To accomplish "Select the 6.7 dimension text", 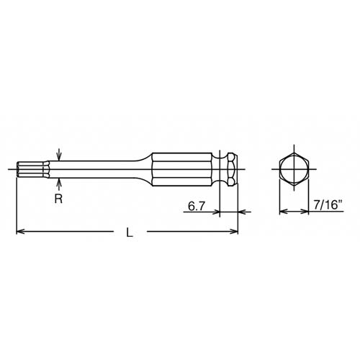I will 197,207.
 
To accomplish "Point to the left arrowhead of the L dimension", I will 20,231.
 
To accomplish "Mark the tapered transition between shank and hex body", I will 148,170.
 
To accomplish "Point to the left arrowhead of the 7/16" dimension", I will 282,212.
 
